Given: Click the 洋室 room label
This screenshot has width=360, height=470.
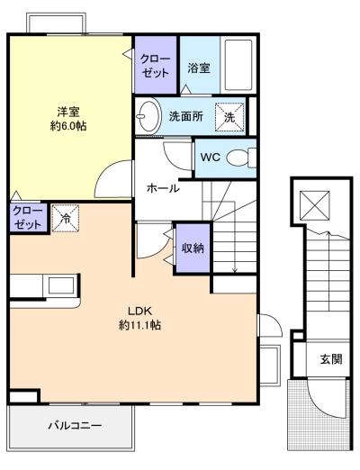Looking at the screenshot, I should coord(67,112).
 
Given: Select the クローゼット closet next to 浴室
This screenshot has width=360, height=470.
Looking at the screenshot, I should coord(154,65).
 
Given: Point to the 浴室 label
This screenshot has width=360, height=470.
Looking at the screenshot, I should coord(199,67).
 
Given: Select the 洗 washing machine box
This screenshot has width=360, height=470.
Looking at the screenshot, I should coord(229,117).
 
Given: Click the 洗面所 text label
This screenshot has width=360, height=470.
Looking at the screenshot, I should coord(186,117).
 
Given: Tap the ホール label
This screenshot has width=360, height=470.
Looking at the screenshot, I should coord(162,188).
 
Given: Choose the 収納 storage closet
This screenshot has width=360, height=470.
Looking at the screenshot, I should coord(191,246).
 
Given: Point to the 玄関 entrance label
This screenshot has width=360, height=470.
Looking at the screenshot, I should coord(329,358).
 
